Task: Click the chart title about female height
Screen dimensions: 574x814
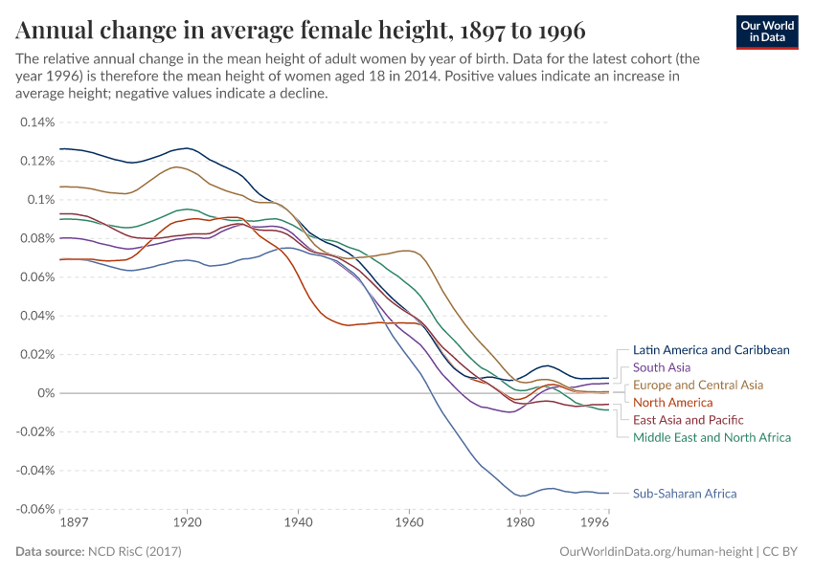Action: point(301,31)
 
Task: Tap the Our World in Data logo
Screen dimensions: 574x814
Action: point(766,32)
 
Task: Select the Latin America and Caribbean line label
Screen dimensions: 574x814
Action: point(711,350)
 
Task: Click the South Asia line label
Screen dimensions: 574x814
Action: point(662,367)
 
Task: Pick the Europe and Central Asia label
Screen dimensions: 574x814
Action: point(698,385)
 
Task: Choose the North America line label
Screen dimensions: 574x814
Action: point(673,403)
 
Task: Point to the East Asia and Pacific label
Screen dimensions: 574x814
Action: point(688,420)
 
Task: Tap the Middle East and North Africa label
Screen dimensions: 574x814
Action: point(712,437)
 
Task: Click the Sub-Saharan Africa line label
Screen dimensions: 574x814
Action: point(685,494)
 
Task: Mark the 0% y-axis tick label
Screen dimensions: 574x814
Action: point(46,393)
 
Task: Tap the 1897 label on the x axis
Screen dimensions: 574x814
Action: point(73,523)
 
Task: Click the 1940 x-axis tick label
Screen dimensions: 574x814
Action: point(299,523)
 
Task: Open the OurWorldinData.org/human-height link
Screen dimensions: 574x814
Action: point(656,552)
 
